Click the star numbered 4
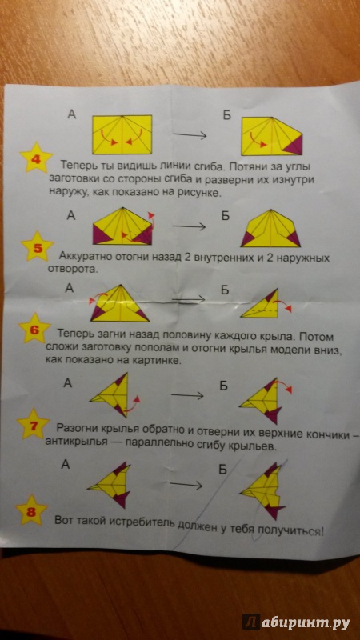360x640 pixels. pyautogui.click(x=36, y=158)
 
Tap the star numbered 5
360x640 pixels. pyautogui.click(x=37, y=246)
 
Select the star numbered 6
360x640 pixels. pyautogui.click(x=35, y=329)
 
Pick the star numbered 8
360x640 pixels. pyautogui.click(x=32, y=510)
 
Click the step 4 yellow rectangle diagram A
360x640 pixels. pyautogui.click(x=122, y=135)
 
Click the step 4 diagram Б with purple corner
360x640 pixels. pyautogui.click(x=271, y=136)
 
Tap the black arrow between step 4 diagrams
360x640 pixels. pyautogui.click(x=190, y=135)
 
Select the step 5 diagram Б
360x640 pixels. pyautogui.click(x=270, y=228)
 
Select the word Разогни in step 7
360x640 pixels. pyautogui.click(x=75, y=429)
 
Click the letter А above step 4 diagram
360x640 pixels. pyautogui.click(x=72, y=115)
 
